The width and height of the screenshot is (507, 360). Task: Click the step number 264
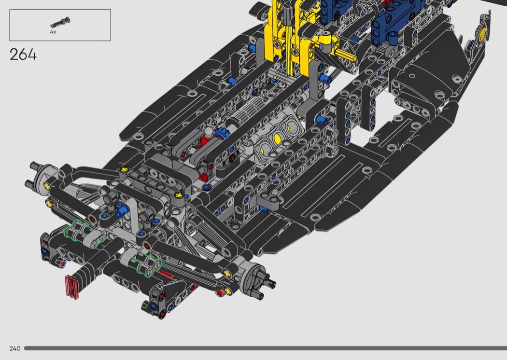[x=23, y=55]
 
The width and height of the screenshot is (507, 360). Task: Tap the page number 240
[x=15, y=348]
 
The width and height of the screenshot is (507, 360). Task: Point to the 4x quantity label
[x=53, y=32]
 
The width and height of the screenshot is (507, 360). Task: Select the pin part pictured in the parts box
[x=60, y=22]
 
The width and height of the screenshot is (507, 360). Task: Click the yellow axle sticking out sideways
[x=346, y=55]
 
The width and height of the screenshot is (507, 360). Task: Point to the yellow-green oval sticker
[x=482, y=34]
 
